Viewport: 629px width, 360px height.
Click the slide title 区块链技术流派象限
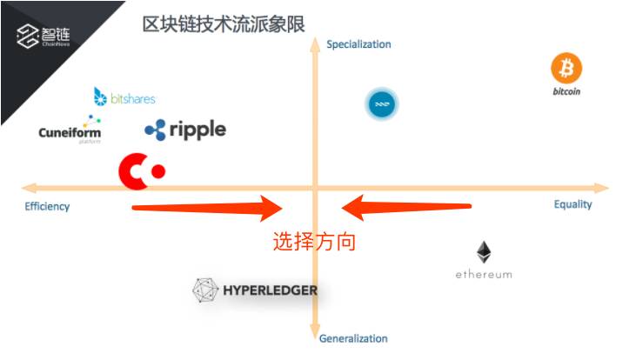(224, 23)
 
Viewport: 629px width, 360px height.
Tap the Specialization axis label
(358, 44)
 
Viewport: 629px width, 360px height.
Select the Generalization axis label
(353, 338)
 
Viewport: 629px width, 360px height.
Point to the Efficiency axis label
(47, 206)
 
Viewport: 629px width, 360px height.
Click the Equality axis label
(572, 204)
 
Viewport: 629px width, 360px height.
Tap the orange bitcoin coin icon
(566, 68)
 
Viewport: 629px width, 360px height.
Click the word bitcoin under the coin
(566, 90)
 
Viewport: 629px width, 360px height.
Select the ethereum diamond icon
(484, 253)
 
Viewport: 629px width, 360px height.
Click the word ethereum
(484, 275)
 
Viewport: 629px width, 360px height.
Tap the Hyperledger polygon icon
(205, 291)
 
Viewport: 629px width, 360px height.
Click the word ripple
(197, 130)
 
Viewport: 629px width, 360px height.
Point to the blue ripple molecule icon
(155, 130)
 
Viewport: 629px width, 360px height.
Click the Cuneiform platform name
(70, 133)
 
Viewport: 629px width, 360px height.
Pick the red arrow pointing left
(405, 207)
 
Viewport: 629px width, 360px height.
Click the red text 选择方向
(314, 242)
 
